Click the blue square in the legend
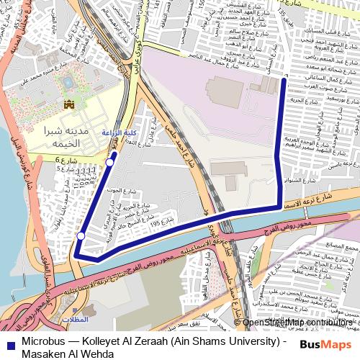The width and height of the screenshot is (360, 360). (x=9, y=343)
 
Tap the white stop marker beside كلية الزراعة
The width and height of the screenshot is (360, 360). (x=109, y=163)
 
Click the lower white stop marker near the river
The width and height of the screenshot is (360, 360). (x=81, y=236)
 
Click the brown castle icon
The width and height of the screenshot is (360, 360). (x=70, y=104)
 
